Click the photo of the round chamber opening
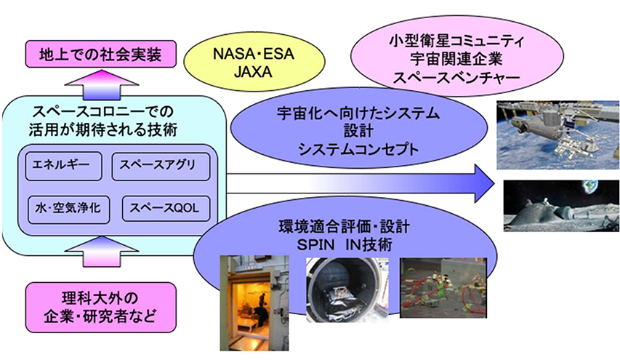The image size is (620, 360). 345,287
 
